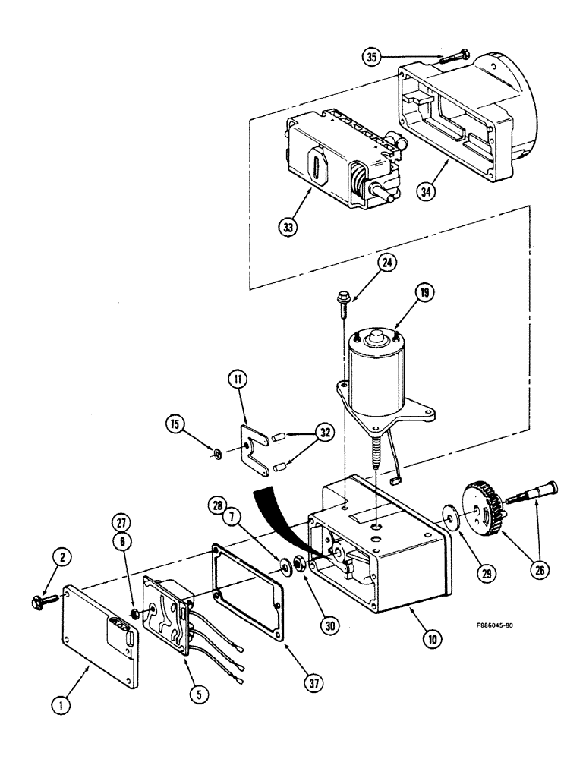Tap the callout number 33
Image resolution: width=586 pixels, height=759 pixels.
(x=287, y=227)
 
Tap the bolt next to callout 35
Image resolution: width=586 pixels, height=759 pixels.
(x=453, y=55)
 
